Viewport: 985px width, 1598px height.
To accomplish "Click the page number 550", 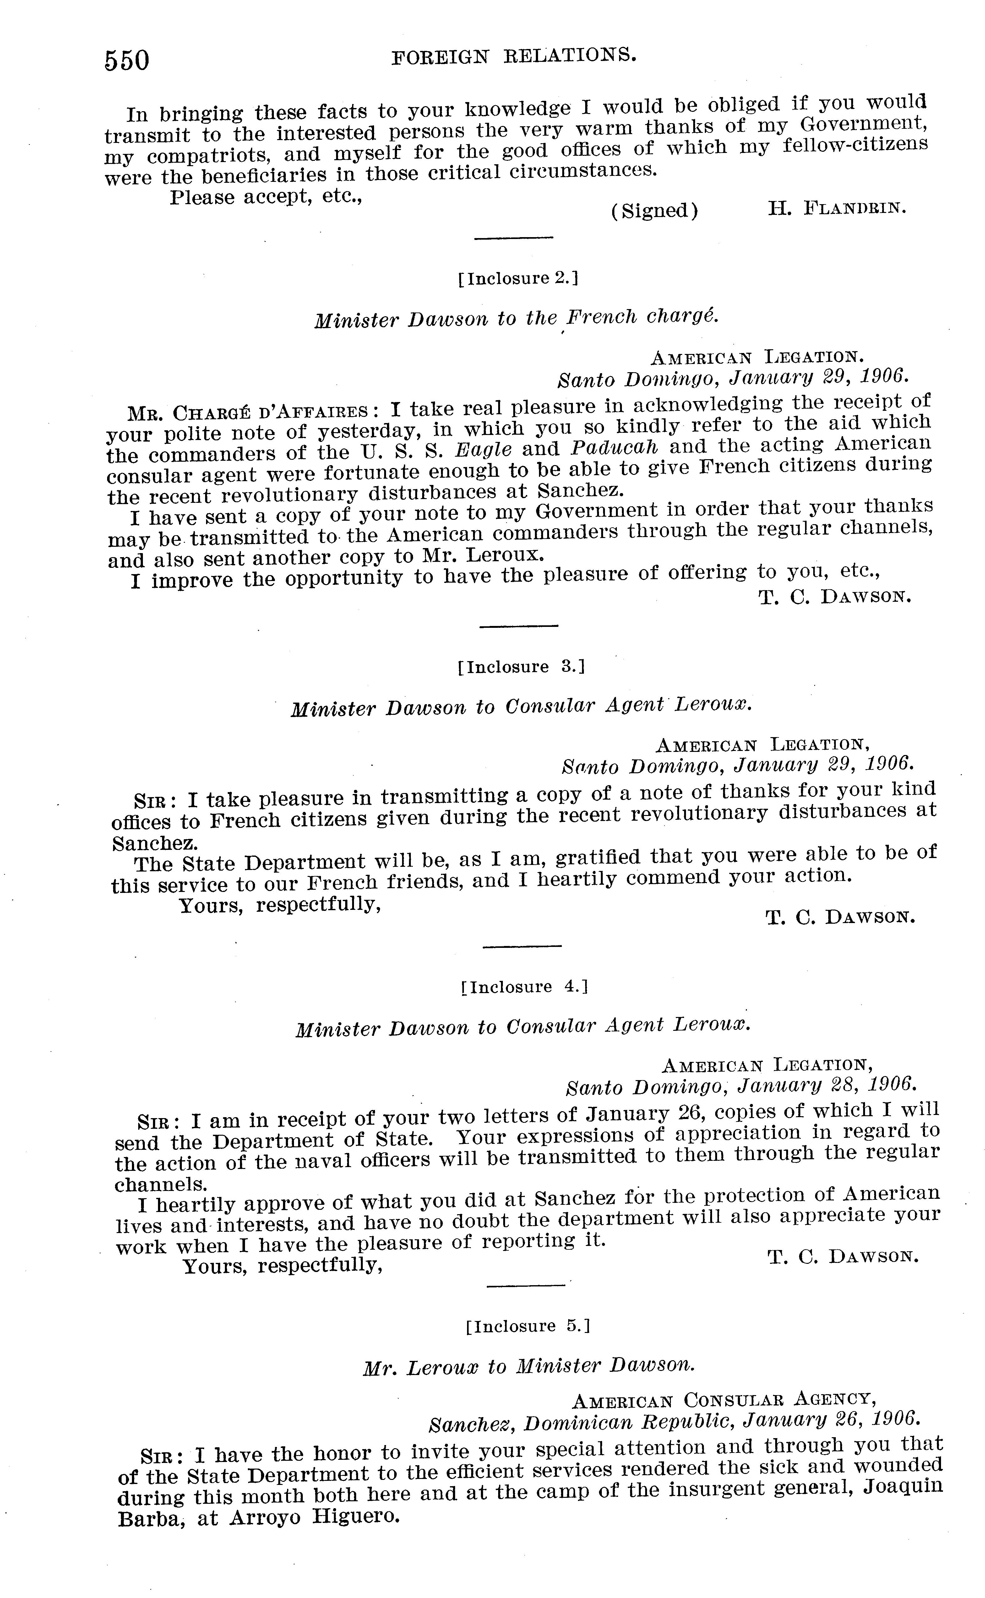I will click(127, 61).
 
